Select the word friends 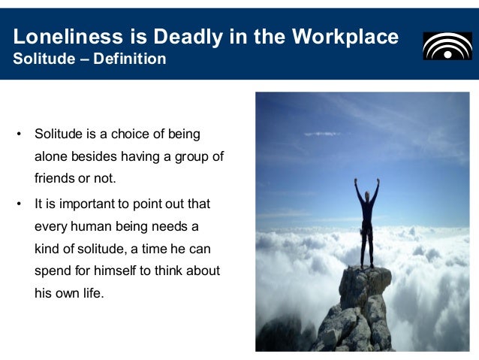[x=53, y=180]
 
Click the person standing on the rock [x=366, y=222]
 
